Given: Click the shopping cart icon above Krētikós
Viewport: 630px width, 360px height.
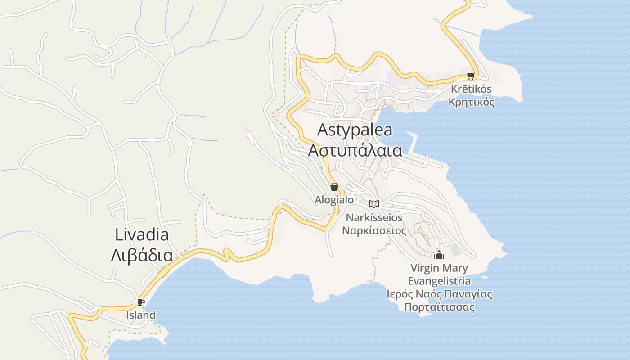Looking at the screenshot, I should (x=471, y=76).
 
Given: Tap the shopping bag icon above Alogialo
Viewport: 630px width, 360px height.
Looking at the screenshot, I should (x=334, y=187).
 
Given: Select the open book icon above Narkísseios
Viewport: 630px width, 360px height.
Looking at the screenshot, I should (x=374, y=204).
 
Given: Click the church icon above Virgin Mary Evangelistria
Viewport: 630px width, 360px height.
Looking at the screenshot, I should (x=439, y=255).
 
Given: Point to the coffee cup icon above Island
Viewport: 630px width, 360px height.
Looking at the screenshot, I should (x=140, y=302).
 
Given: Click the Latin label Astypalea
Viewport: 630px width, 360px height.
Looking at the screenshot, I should (x=355, y=130).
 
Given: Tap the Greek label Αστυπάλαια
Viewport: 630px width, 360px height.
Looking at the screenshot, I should (x=355, y=150).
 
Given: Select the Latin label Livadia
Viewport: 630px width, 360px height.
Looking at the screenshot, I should (x=142, y=234).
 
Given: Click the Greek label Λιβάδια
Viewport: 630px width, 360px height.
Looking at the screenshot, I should (x=142, y=255).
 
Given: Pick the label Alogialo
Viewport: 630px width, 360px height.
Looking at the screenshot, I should (x=334, y=200).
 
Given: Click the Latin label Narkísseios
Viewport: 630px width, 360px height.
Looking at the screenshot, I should (x=374, y=218).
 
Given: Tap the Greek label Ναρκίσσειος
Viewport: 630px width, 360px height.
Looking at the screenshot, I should (x=374, y=231).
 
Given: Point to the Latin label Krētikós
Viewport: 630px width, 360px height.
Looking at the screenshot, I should (x=471, y=89).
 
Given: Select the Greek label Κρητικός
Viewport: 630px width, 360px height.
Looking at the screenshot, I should (x=471, y=102).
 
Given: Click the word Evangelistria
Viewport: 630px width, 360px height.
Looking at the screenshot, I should (x=439, y=281).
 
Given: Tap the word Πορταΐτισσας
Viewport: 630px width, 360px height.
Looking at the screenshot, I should (x=439, y=307).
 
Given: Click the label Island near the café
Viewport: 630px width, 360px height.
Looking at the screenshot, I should (x=140, y=315).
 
